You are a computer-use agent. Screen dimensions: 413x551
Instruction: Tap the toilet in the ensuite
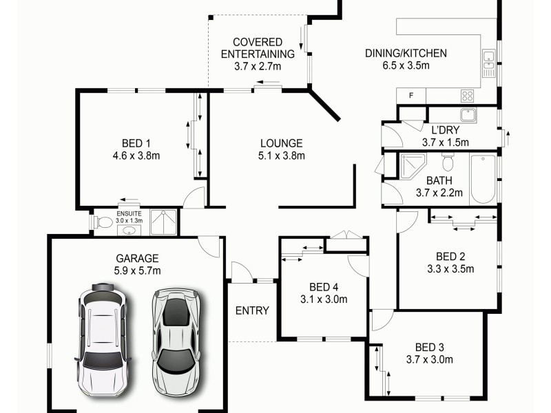(104, 223)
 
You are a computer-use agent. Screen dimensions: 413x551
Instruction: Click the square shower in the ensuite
(163, 222)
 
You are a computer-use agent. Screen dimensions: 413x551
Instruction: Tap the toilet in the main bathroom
(448, 162)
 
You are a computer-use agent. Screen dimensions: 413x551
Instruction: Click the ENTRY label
(252, 310)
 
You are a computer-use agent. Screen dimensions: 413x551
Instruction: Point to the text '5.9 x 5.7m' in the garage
(137, 271)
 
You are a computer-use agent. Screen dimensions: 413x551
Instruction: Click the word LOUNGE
(281, 143)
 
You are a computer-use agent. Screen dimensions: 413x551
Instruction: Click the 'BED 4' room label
(323, 287)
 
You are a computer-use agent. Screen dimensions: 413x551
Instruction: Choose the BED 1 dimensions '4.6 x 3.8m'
(136, 156)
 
